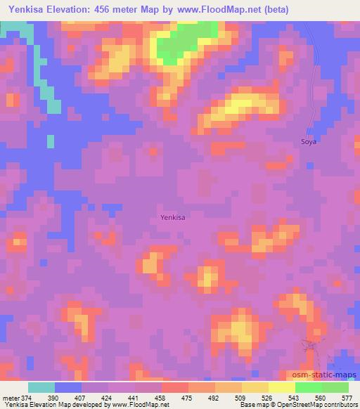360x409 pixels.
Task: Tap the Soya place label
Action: click(x=309, y=141)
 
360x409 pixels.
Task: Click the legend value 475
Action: click(x=188, y=397)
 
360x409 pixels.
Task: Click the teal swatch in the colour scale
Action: click(x=41, y=387)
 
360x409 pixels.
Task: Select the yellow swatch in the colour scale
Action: click(x=255, y=387)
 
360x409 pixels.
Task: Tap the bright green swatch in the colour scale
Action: click(x=309, y=387)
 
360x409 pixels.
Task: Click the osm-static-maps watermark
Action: click(x=330, y=376)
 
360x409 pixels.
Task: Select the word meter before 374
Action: click(x=10, y=397)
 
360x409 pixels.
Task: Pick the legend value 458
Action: click(x=161, y=397)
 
